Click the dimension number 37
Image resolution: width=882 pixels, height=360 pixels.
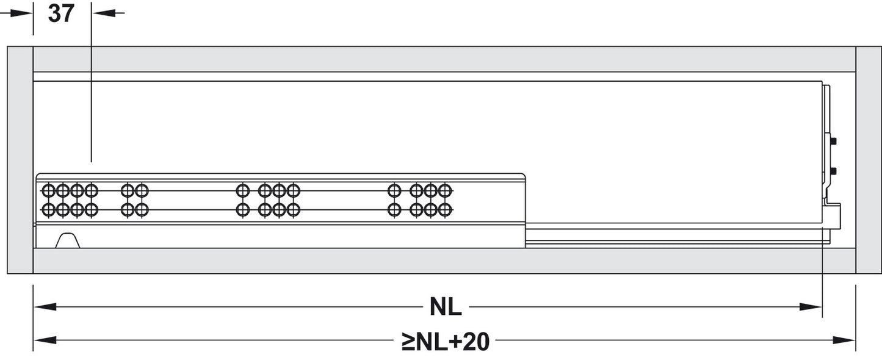pyautogui.click(x=61, y=14)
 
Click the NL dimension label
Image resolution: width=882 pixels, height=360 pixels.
pyautogui.click(x=446, y=307)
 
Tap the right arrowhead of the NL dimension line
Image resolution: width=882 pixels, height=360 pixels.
pyautogui.click(x=811, y=307)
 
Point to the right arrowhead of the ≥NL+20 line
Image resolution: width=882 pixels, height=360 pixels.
pyautogui.click(x=844, y=340)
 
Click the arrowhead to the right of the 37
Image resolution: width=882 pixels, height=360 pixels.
pyautogui.click(x=104, y=13)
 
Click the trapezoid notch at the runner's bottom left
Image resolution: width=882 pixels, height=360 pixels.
pyautogui.click(x=67, y=240)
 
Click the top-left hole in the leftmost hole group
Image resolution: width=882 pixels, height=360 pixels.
pyautogui.click(x=48, y=191)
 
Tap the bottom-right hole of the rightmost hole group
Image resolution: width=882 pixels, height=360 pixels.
pyautogui.click(x=445, y=210)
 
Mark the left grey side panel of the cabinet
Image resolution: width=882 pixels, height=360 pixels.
pyautogui.click(x=20, y=160)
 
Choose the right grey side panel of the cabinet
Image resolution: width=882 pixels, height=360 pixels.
pyautogui.click(x=869, y=160)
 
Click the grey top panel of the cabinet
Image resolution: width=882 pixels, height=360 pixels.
pyautogui.click(x=444, y=59)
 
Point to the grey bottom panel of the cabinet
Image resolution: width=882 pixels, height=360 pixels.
pyautogui.click(x=444, y=261)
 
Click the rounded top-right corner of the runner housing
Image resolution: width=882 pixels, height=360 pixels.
pyautogui.click(x=523, y=175)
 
